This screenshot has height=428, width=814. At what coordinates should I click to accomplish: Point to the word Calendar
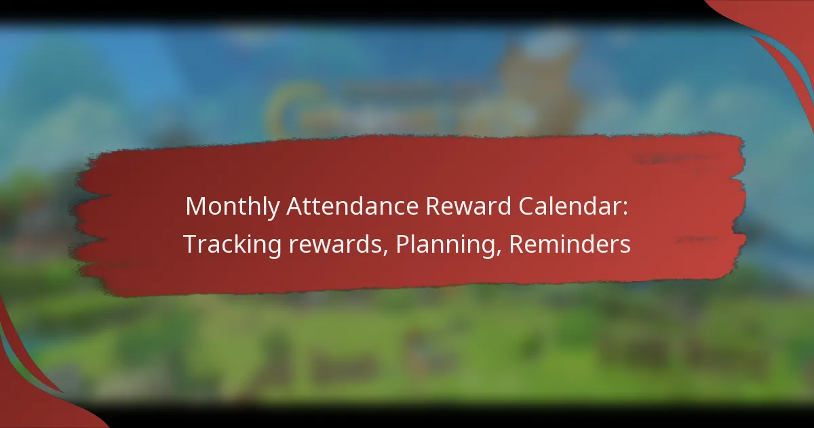[x=575, y=207]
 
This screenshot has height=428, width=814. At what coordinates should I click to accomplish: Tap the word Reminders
[x=569, y=245]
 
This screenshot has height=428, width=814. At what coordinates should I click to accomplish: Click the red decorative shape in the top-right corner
[x=780, y=27]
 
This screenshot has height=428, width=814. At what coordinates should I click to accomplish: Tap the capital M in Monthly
[x=195, y=207]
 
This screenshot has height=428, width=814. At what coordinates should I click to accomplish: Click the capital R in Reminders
[x=516, y=245]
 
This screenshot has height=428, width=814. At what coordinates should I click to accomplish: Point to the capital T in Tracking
[x=190, y=245]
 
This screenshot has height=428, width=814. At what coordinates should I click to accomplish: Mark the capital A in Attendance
[x=295, y=207]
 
